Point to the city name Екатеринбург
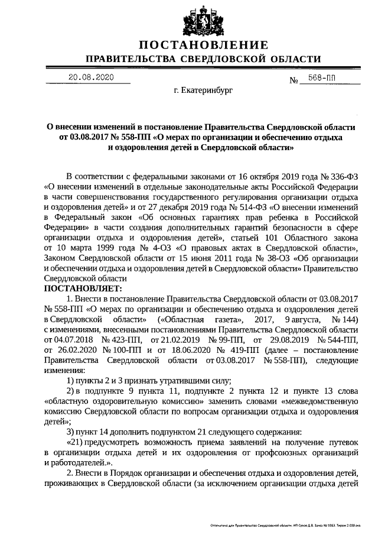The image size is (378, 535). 203,92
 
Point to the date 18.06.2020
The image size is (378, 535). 177,349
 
